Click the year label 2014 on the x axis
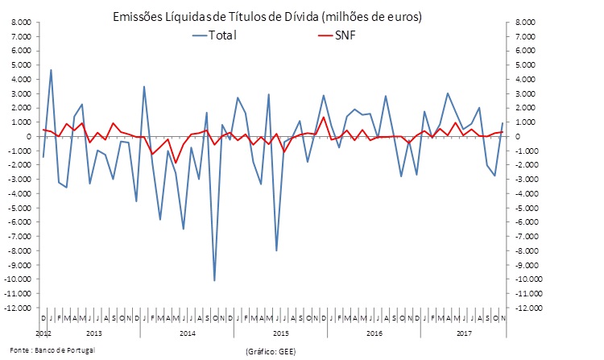(x=187, y=332)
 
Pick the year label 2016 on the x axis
(x=373, y=332)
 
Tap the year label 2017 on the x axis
(x=464, y=332)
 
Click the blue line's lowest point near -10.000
(x=214, y=280)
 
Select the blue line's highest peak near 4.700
(x=51, y=70)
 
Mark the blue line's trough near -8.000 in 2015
(x=276, y=250)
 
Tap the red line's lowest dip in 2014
(x=175, y=163)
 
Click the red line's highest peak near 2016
(x=324, y=118)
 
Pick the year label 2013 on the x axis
(x=93, y=332)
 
